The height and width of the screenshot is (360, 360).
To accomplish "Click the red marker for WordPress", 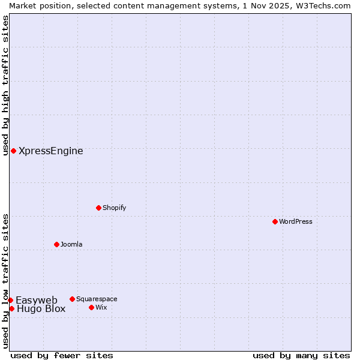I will pos(275,221).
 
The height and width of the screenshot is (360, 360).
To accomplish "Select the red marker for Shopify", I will pos(99,208).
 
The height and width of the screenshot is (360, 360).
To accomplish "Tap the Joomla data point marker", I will pos(57,244).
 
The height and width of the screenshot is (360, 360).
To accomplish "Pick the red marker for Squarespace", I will pos(73,299).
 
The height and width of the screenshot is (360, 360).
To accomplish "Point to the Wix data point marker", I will pos(92,307).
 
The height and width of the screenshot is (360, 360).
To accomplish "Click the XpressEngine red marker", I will pos(13,151).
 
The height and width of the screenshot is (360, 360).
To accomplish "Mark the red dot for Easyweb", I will pos(10,300).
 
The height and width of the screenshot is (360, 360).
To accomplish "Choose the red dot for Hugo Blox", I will pos(11,308).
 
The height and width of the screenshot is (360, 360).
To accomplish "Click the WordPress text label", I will pos(296,221).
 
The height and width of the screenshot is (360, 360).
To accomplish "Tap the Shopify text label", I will pos(115,208).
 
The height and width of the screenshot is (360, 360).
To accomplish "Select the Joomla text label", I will pos(71,244).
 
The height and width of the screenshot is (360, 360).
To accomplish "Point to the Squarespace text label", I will pos(97,299).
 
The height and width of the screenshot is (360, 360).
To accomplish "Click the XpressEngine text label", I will pos(51,151).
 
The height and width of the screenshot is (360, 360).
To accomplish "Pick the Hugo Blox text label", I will pos(41,309).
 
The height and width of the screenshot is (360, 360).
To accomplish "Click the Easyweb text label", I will pos(37,300).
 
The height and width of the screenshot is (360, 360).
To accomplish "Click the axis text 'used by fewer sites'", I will pos(62,355).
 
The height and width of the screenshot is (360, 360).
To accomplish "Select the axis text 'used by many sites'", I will pos(301,355).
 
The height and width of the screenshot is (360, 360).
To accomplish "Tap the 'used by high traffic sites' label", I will pos(5,85).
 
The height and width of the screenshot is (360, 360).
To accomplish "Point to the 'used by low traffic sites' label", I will pos(5,281).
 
